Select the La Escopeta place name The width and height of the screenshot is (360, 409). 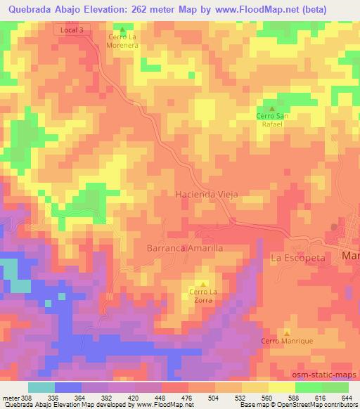point(299,258)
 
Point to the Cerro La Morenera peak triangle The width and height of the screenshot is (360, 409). point(122,30)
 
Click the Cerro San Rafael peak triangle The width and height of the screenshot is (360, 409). point(269,108)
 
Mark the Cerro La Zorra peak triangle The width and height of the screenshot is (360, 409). point(204,284)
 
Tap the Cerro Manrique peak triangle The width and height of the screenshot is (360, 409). point(287,332)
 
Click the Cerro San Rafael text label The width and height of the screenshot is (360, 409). point(269,119)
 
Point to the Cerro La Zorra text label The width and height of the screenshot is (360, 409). point(204,296)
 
